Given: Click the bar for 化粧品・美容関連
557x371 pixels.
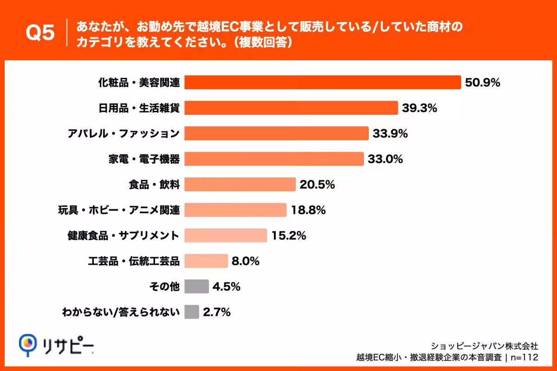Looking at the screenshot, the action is point(323,82).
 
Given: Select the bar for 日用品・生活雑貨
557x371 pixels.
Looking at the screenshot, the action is point(291,108).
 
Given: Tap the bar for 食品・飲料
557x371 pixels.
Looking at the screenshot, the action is point(240,185).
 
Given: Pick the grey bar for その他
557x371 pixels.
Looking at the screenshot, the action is point(196,286).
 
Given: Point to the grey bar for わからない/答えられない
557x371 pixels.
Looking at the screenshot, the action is point(192,312).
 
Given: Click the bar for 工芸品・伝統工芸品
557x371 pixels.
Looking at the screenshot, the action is point(206,261).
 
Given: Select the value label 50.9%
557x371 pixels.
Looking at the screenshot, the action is point(482,83).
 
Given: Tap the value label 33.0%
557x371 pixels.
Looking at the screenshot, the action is point(385,159).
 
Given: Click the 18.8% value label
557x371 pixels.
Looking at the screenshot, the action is point(308,210).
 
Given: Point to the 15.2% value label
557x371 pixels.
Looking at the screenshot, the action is point(289,236).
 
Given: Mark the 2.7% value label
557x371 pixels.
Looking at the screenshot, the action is point(217,312).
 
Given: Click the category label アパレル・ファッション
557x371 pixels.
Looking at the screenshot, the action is point(123,134).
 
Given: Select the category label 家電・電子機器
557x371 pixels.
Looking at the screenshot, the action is point(144,159).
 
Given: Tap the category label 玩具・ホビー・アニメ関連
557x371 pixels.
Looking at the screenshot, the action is point(119,210).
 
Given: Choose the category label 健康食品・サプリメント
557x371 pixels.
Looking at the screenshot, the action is point(123,236).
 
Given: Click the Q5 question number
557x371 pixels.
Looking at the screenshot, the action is point(40,32).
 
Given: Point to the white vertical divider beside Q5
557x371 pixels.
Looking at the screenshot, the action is point(67,32).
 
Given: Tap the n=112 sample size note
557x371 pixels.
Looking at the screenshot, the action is point(524,358).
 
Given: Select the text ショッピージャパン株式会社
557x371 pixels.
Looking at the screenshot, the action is point(485,346).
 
